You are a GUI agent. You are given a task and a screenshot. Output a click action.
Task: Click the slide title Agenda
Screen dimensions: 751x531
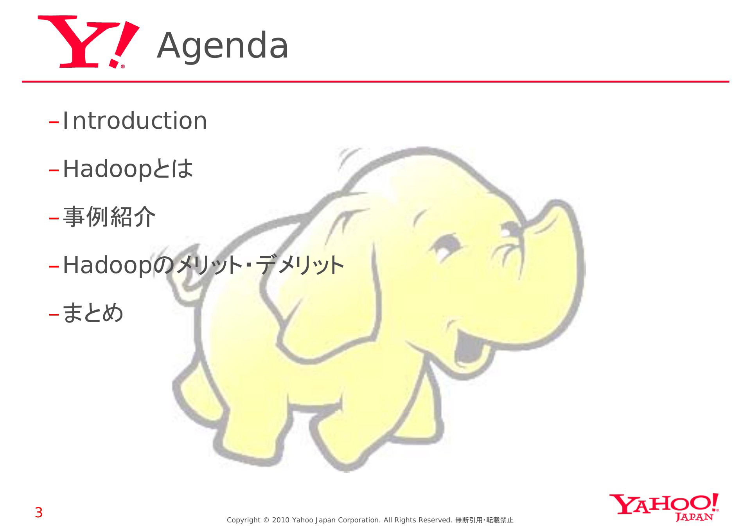tap(223, 46)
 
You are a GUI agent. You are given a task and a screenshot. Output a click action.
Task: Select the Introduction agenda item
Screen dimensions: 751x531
tap(135, 121)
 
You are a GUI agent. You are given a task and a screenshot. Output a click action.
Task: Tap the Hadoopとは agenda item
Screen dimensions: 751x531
tap(128, 169)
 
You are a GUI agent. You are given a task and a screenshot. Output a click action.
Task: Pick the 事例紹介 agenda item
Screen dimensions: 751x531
tap(109, 217)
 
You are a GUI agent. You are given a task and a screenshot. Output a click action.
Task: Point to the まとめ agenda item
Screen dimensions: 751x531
tap(93, 313)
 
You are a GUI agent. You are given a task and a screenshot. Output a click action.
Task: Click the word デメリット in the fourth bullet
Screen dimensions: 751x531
tap(300, 265)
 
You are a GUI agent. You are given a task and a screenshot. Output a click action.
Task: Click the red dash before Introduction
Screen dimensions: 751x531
tap(54, 122)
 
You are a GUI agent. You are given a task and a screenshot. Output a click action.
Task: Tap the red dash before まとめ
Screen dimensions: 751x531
tap(54, 314)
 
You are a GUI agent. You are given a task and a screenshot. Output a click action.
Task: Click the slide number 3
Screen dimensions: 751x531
tap(39, 513)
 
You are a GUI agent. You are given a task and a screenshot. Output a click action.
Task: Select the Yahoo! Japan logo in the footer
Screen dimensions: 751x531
tap(664, 507)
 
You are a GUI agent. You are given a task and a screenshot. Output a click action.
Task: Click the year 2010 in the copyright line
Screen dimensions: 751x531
tap(280, 520)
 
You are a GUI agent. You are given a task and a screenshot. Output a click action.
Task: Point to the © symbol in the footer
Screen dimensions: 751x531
tap(266, 520)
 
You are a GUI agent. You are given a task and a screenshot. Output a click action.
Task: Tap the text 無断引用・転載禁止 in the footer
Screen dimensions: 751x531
tap(484, 520)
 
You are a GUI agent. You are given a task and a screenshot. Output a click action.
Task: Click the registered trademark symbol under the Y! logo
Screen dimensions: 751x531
tap(123, 67)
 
